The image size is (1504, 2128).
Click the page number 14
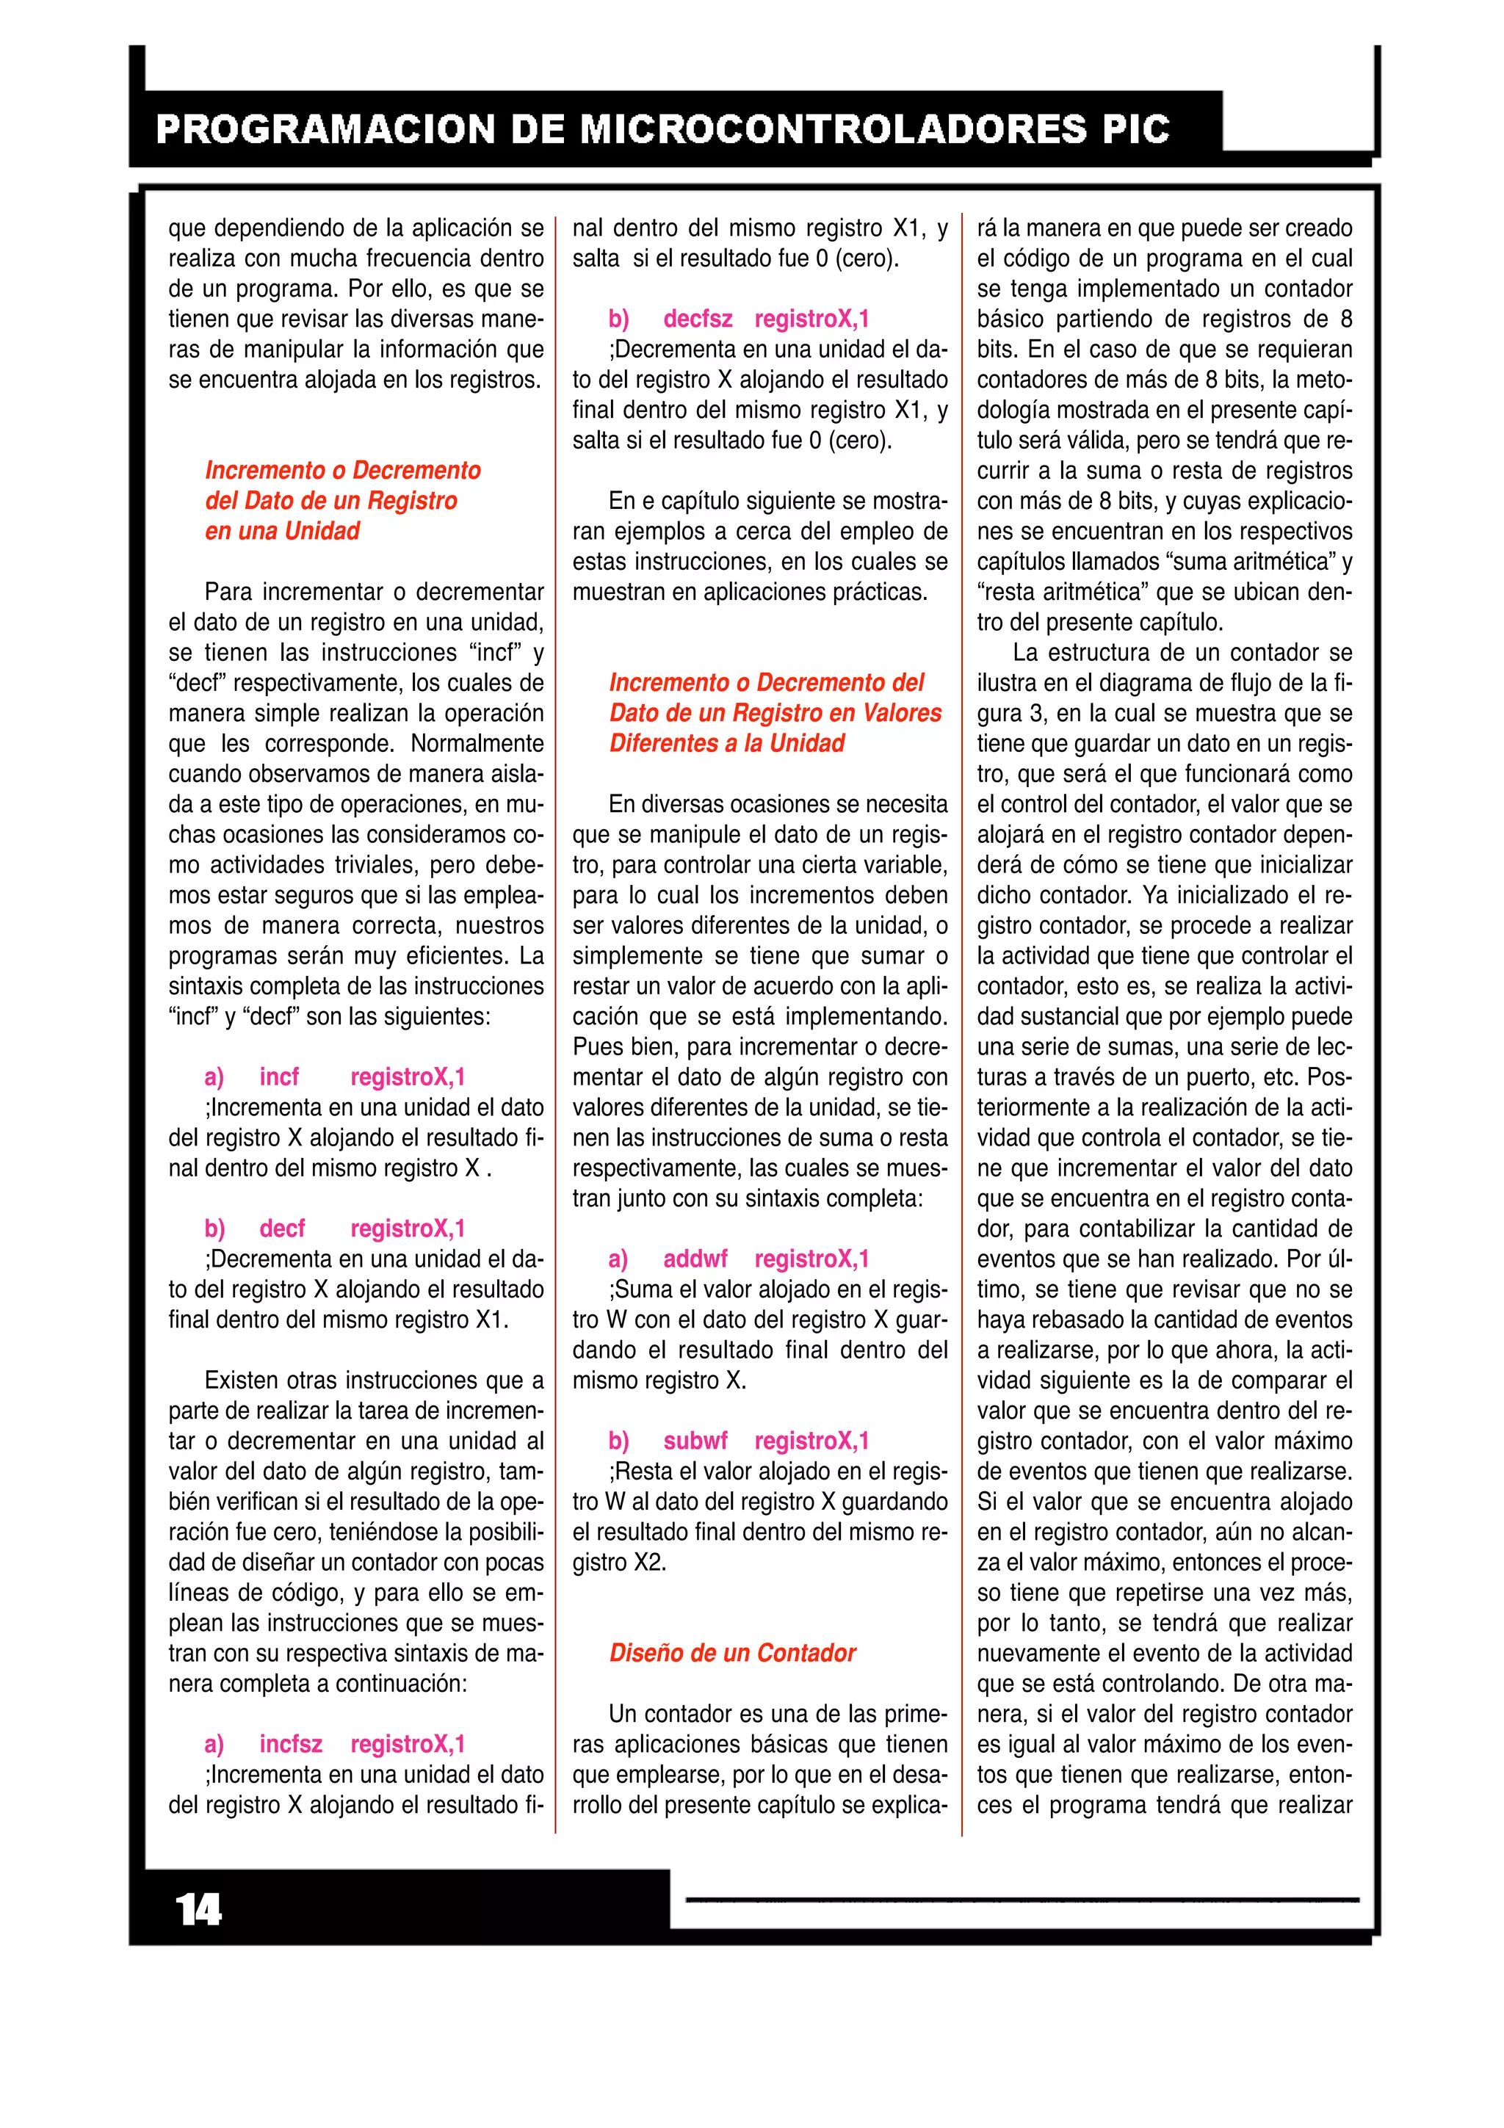click(x=198, y=1909)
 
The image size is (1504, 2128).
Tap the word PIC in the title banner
click(x=1135, y=129)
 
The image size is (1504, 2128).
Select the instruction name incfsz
click(x=291, y=1743)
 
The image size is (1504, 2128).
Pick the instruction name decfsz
click(x=698, y=319)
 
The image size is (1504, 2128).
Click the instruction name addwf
click(x=695, y=1259)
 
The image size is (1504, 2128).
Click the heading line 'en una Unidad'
click(x=283, y=531)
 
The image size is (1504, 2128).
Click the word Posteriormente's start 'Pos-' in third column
click(x=1331, y=1077)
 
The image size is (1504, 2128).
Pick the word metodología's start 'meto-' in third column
click(x=1324, y=380)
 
